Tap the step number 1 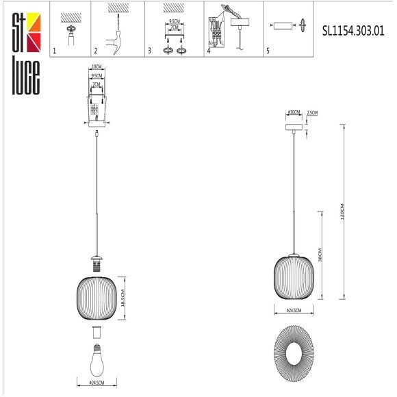(55, 51)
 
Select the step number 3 (149, 51)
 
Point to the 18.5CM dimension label (125, 298)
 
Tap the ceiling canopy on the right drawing (294, 128)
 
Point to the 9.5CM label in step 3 (174, 22)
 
